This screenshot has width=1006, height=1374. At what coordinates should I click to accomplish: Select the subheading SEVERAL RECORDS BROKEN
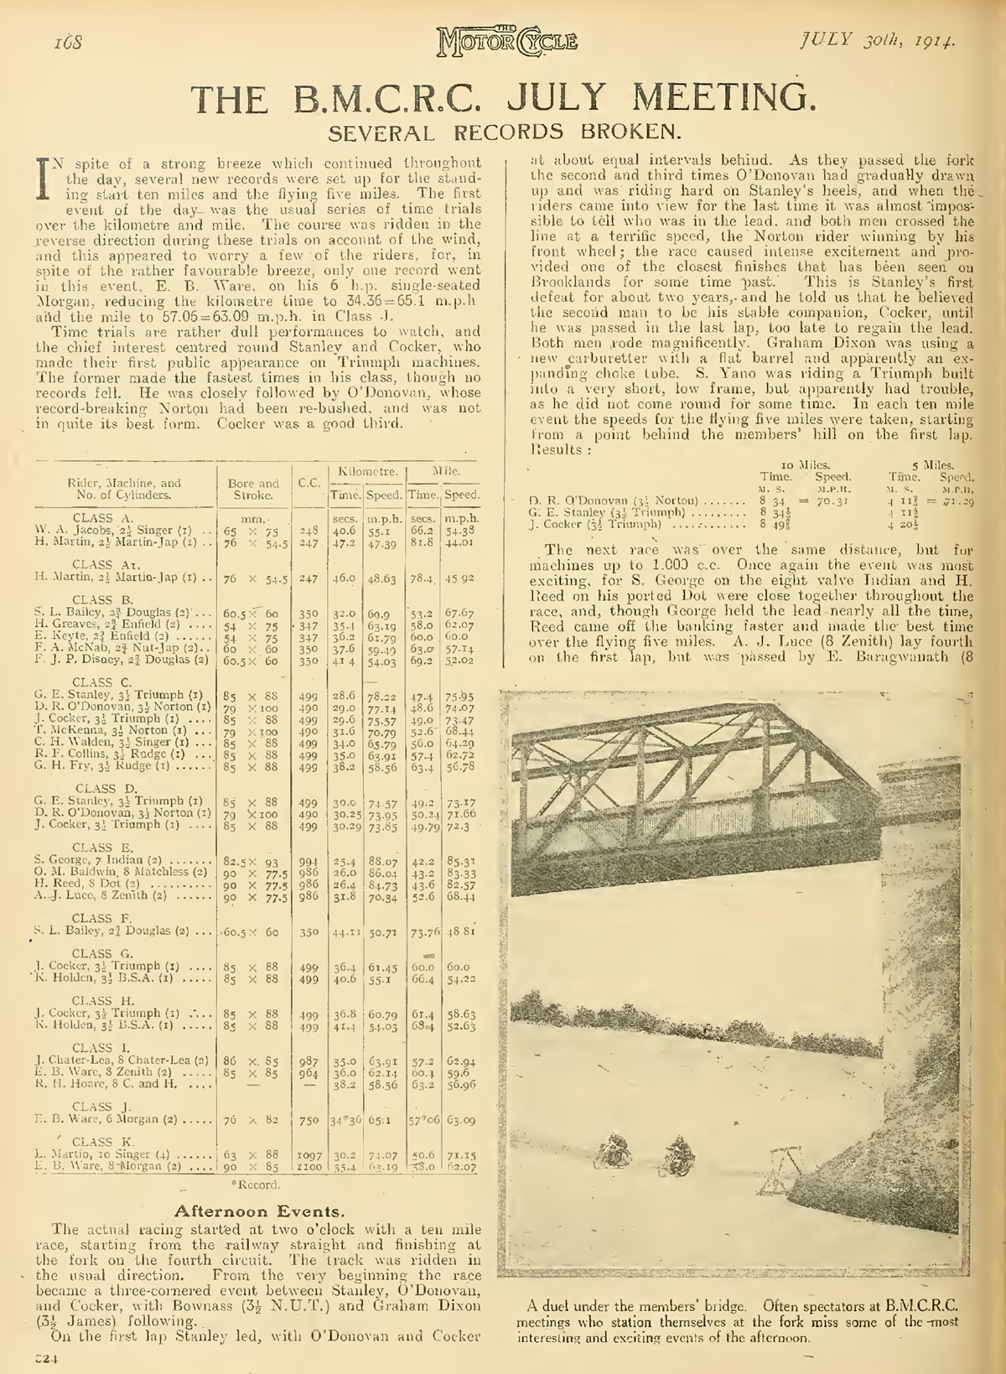502,132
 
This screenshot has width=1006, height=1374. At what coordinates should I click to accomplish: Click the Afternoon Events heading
243,1211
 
